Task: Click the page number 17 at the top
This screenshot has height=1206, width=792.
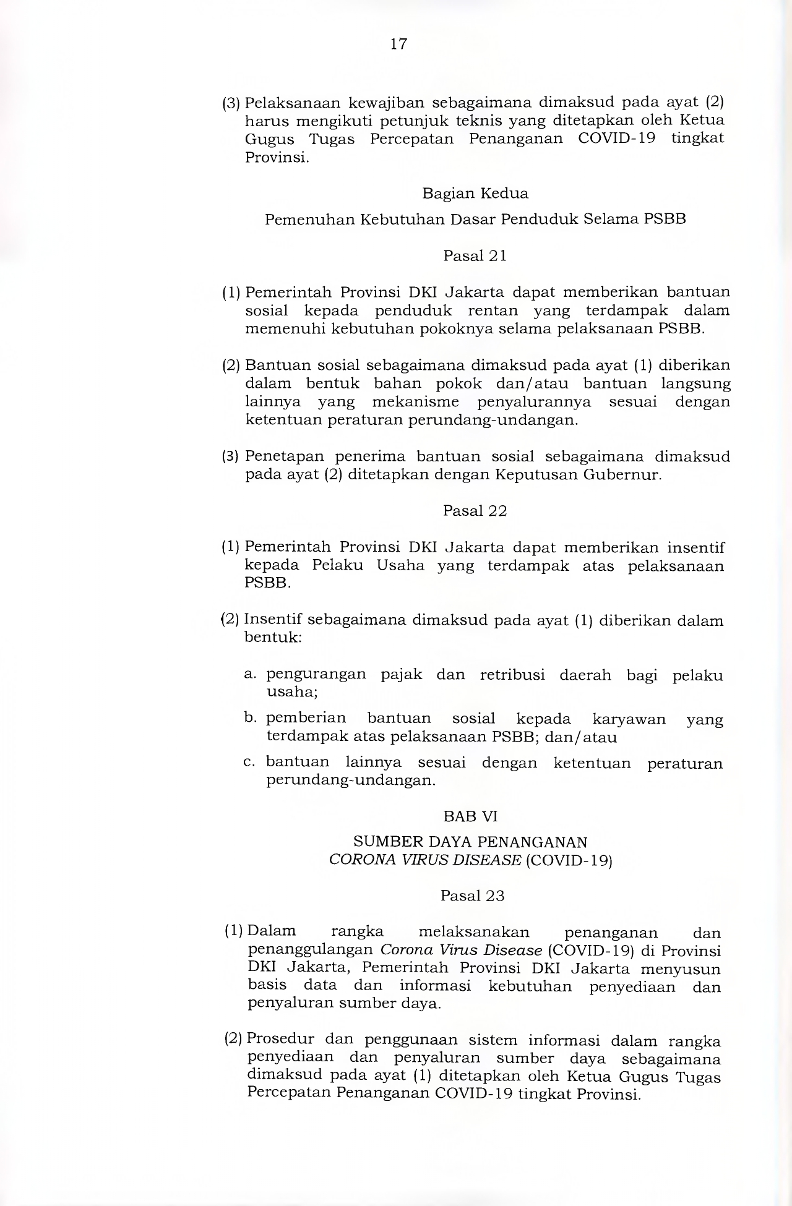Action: pos(399,44)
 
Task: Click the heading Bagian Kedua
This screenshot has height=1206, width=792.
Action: pos(475,194)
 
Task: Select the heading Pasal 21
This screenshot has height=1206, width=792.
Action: pos(475,256)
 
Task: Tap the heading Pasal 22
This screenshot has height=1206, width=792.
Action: pos(475,511)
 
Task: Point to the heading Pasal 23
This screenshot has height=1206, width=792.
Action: pos(472,896)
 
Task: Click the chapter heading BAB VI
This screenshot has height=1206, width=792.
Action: pos(470,816)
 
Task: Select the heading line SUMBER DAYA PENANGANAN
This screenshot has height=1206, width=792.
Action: pos(470,842)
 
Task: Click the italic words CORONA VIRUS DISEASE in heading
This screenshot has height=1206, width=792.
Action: pos(424,860)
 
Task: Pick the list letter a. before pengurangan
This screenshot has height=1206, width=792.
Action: pos(250,674)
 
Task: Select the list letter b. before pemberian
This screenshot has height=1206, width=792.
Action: pos(250,718)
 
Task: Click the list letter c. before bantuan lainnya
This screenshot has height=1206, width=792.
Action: pos(249,762)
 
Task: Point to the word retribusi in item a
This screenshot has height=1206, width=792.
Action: pos(512,675)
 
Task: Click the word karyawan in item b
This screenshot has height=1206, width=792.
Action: pos(629,719)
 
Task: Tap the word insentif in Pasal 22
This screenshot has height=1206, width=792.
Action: pos(695,547)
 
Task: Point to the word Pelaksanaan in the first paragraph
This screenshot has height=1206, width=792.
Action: pos(288,102)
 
